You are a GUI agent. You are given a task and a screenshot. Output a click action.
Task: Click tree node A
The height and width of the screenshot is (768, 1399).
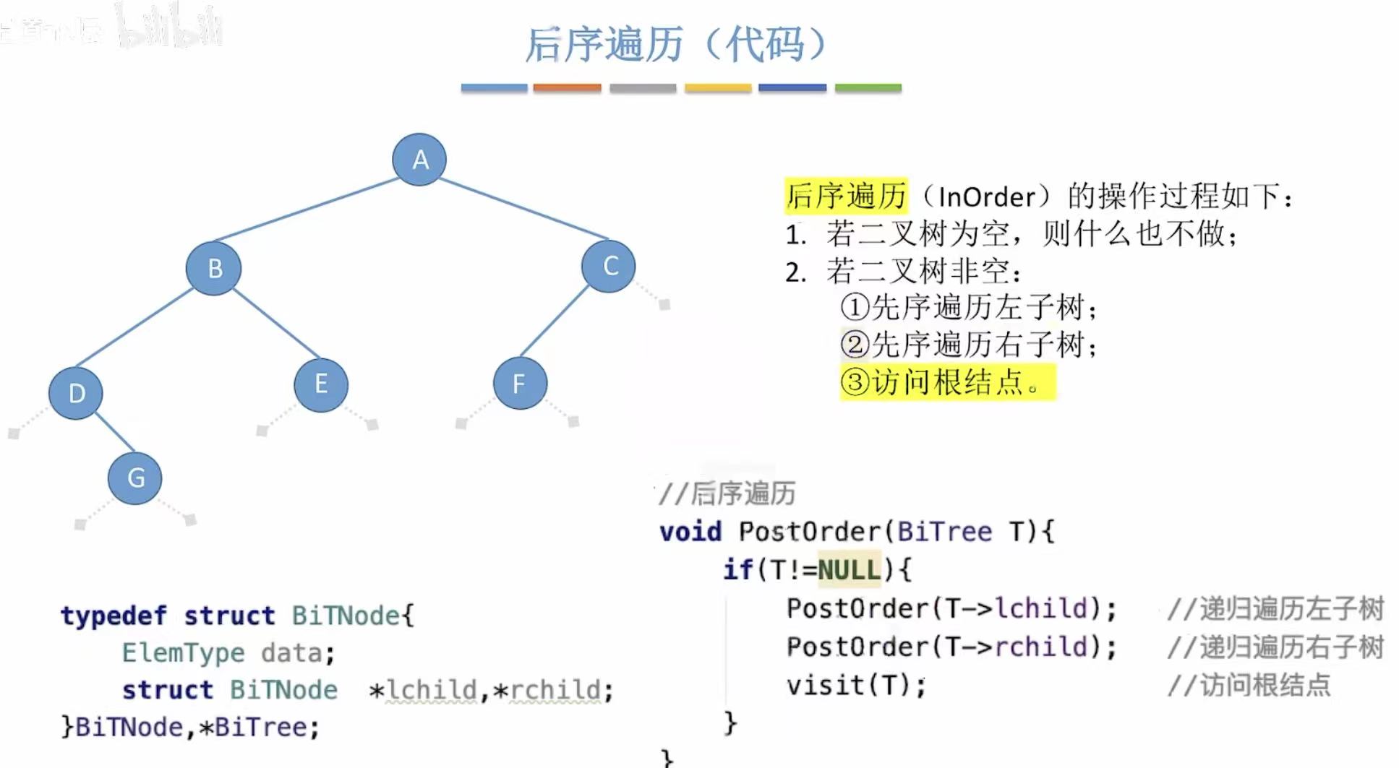419,159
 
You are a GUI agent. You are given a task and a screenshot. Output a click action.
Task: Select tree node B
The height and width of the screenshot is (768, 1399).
213,268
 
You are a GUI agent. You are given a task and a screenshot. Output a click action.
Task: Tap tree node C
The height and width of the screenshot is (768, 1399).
609,266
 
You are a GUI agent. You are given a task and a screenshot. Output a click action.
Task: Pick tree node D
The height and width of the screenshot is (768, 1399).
76,393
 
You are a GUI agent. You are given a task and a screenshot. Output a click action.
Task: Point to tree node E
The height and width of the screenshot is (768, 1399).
321,384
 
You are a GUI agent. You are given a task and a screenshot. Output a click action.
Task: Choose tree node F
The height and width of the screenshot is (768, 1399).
520,383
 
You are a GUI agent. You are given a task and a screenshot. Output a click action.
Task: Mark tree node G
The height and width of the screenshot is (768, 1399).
135,478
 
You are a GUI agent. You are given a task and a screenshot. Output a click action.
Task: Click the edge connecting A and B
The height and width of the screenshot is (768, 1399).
307,210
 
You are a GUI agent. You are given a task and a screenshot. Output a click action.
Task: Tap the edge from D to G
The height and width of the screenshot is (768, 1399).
114,431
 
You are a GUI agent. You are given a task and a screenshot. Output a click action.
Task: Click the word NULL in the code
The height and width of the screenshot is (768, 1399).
850,569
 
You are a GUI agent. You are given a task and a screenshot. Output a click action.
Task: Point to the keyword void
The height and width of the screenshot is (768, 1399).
690,532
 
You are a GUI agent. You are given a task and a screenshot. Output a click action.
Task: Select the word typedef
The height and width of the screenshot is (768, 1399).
114,616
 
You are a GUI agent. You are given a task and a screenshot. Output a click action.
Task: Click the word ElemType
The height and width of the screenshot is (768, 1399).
183,653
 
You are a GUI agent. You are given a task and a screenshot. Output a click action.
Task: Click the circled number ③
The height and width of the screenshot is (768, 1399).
855,381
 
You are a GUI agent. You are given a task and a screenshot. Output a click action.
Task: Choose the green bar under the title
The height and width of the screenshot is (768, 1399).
868,87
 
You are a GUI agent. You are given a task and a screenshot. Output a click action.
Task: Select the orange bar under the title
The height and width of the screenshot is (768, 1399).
567,87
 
